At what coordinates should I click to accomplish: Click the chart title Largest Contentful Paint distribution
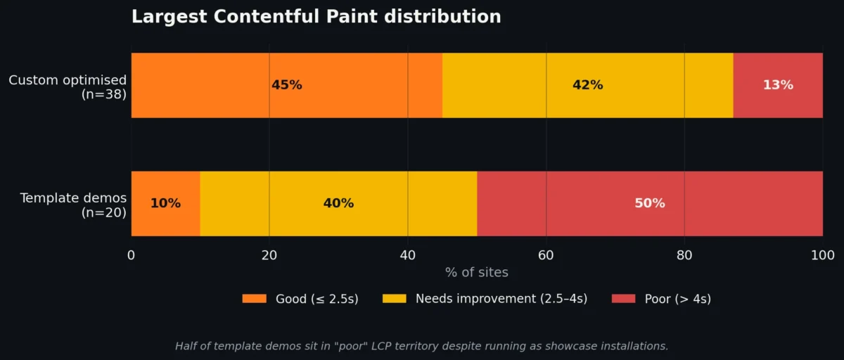coord(316,17)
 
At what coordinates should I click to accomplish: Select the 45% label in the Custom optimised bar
coord(286,85)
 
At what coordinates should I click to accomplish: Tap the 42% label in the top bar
coord(587,85)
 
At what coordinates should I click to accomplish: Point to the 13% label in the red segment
coord(778,85)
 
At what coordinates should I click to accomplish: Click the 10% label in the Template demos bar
coord(165,203)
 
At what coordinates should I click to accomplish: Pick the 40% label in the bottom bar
coord(338,203)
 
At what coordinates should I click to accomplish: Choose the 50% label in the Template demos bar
coord(649,203)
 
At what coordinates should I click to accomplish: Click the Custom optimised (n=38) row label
coord(68,86)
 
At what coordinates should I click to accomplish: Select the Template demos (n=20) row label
coord(73,205)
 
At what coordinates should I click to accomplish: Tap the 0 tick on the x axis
coord(131,255)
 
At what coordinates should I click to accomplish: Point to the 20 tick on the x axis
coord(269,255)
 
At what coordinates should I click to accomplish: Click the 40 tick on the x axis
coord(407,255)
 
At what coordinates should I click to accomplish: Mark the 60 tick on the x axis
coord(546,255)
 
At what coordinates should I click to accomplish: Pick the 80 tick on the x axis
coord(684,255)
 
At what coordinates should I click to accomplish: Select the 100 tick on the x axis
coord(822,255)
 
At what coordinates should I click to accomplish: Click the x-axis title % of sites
coord(476,273)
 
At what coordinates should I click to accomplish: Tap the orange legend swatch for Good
coord(254,299)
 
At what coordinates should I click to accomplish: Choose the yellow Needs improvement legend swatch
coord(394,299)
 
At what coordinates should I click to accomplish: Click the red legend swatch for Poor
coord(623,299)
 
